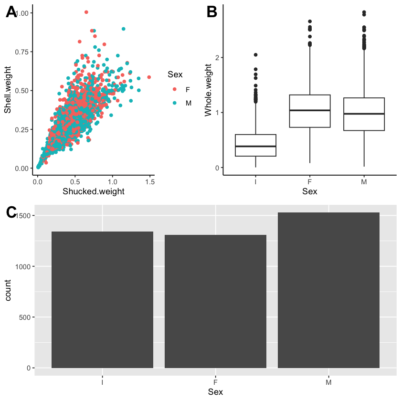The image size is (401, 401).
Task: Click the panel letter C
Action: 12,213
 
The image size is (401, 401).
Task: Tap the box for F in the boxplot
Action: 310,111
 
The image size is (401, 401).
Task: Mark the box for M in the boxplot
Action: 364,114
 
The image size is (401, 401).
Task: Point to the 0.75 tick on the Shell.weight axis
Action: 21,52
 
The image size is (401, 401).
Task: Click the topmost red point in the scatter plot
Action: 86,12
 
